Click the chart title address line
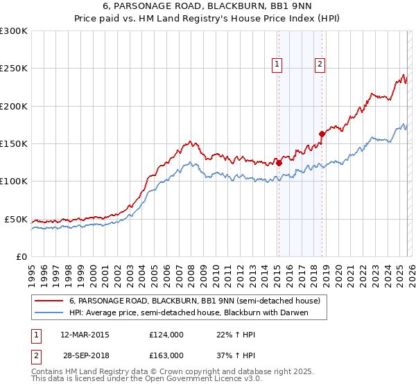point(208,6)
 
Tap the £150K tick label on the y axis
point(14,143)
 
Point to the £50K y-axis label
point(16,219)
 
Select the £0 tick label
point(21,256)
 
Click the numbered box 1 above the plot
point(277,64)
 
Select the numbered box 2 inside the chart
point(320,64)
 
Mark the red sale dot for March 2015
point(279,164)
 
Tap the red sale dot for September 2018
point(322,134)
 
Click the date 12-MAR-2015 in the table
point(85,334)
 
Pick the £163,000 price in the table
point(166,355)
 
